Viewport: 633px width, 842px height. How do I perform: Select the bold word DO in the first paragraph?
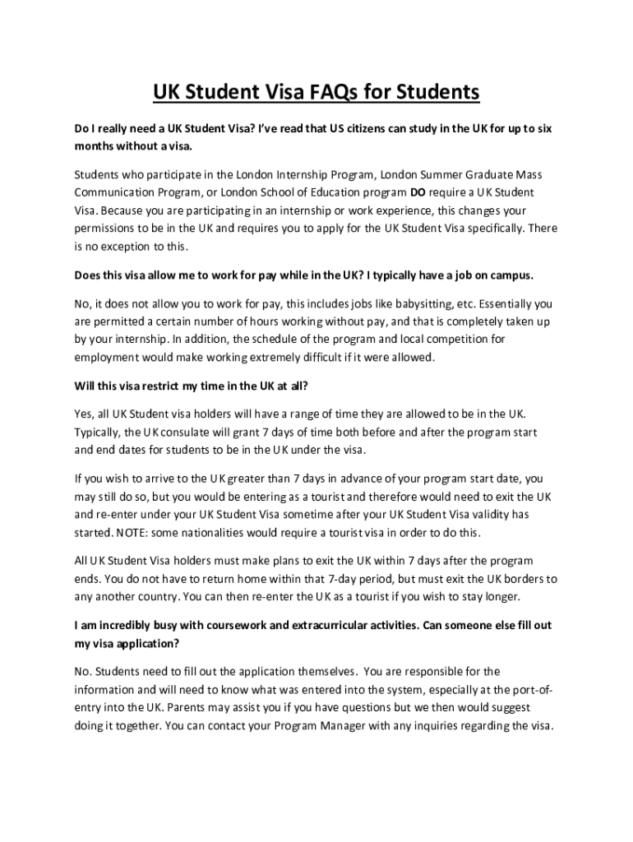pyautogui.click(x=418, y=192)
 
